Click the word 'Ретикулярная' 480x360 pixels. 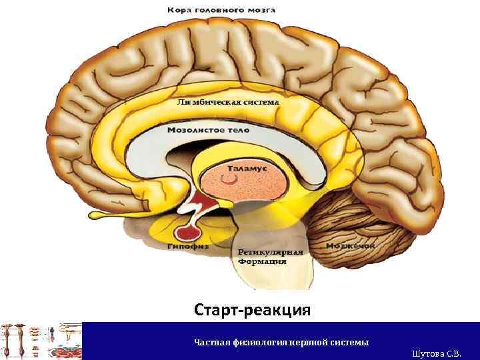coord(269,253)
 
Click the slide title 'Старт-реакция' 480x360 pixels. coord(253,310)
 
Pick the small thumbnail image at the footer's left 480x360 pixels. coord(41,341)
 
